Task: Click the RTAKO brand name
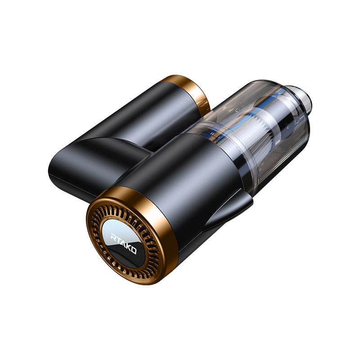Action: [x=124, y=243]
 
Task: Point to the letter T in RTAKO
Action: [x=119, y=240]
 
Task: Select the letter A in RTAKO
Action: [x=123, y=243]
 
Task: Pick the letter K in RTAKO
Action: [x=128, y=247]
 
